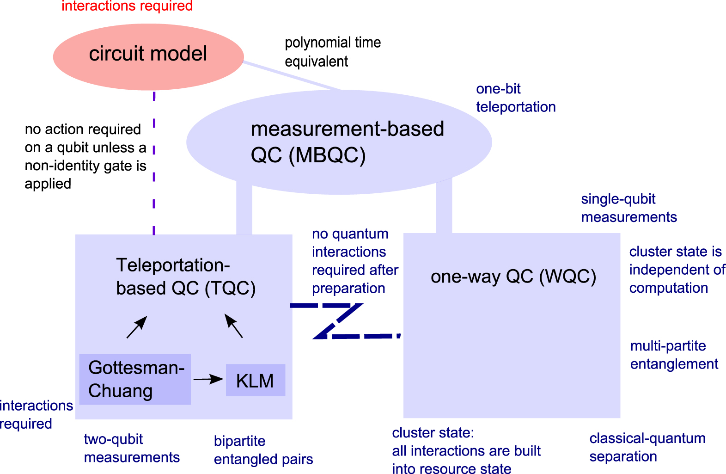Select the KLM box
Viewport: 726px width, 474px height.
pyautogui.click(x=255, y=380)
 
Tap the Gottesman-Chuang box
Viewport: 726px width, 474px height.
pyautogui.click(x=134, y=379)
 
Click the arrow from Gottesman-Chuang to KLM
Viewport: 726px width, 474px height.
pyautogui.click(x=208, y=380)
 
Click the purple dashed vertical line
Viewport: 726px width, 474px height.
pyautogui.click(x=154, y=176)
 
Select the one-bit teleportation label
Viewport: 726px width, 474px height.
pyautogui.click(x=515, y=98)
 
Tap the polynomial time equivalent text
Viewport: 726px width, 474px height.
pyautogui.click(x=332, y=52)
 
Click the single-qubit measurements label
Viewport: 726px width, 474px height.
pyautogui.click(x=628, y=208)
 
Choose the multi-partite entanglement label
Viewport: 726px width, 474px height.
pyautogui.click(x=674, y=355)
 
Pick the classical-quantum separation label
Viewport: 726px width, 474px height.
pyautogui.click(x=647, y=447)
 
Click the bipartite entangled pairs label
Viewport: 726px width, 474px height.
pyautogui.click(x=263, y=450)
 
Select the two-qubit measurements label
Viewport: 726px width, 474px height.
pyautogui.click(x=131, y=448)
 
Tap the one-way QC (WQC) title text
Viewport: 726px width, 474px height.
pyautogui.click(x=513, y=277)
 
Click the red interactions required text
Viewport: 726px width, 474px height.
pyautogui.click(x=127, y=6)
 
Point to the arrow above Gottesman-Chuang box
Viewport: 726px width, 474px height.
pyautogui.click(x=137, y=327)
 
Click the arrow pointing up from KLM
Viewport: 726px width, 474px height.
pyautogui.click(x=233, y=326)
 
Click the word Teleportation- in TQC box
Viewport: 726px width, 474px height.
pyautogui.click(x=173, y=265)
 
